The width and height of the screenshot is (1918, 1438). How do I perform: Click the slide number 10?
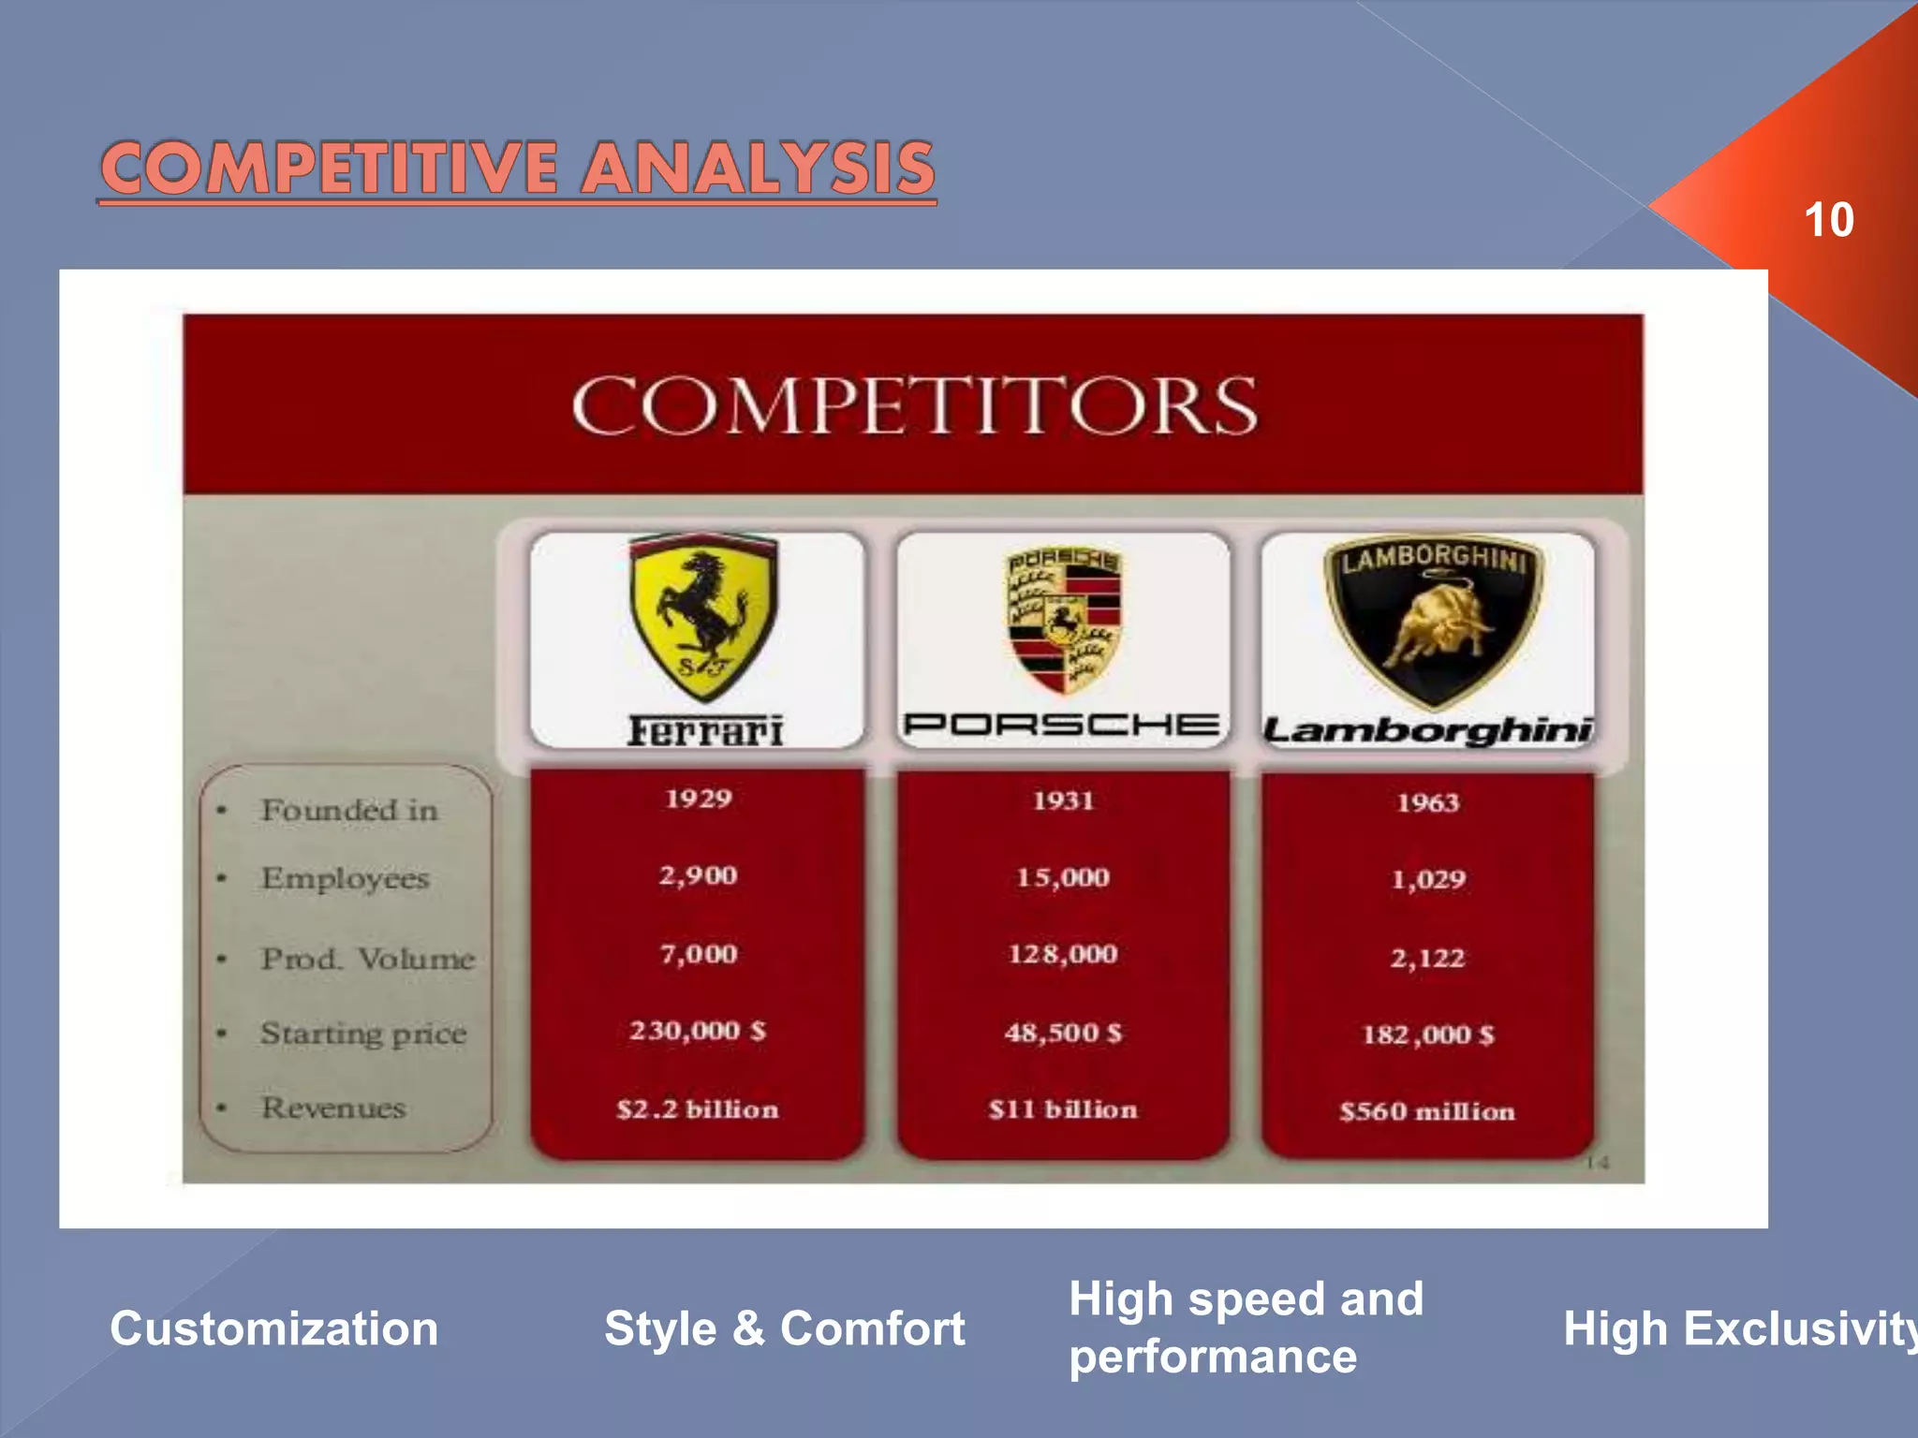[x=1827, y=220]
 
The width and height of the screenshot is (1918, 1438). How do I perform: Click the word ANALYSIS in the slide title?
[x=758, y=169]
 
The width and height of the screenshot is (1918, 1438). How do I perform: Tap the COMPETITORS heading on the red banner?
[x=914, y=405]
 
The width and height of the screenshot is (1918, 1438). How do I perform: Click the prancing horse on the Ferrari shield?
[x=702, y=604]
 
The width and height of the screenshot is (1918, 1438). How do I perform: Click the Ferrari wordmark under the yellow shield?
[x=704, y=731]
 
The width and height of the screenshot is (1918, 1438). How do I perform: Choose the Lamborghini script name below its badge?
[x=1427, y=730]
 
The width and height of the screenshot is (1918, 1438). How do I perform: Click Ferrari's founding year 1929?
[x=699, y=799]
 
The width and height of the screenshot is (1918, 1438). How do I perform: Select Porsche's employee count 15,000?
[x=1063, y=877]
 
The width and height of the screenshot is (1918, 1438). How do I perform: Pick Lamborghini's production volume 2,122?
[x=1427, y=958]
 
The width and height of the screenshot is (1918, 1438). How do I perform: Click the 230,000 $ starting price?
[x=698, y=1031]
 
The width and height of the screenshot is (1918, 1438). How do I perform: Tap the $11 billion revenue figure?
[x=1063, y=1109]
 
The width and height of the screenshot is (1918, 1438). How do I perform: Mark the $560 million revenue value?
[x=1426, y=1111]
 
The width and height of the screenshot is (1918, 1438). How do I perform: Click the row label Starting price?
[x=363, y=1034]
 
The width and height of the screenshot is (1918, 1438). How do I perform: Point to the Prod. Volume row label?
[x=368, y=959]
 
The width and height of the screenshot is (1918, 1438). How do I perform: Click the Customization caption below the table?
[x=273, y=1328]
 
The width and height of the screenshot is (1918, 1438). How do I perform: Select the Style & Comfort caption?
[x=784, y=1328]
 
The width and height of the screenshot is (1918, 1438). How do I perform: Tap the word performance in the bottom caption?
[x=1213, y=1357]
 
